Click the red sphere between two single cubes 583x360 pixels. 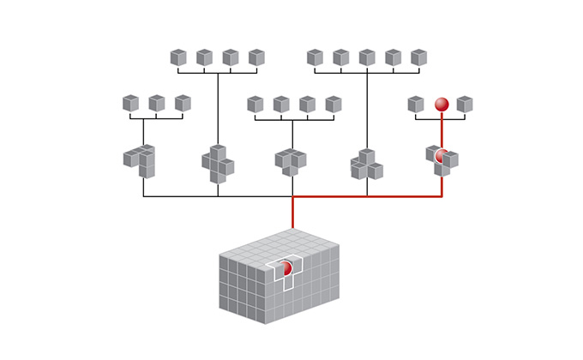(x=442, y=104)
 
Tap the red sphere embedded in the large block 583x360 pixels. (x=286, y=268)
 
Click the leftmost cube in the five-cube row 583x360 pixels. (x=315, y=57)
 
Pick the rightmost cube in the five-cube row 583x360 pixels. (x=418, y=57)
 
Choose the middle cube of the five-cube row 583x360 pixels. (x=367, y=57)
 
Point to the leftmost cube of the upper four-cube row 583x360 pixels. (x=178, y=57)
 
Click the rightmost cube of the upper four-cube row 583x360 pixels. (x=256, y=57)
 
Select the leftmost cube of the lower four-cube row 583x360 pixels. (x=255, y=104)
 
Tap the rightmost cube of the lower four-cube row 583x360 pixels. (x=334, y=104)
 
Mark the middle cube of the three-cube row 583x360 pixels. (x=157, y=104)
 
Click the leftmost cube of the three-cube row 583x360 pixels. (x=130, y=104)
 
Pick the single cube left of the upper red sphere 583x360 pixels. (x=416, y=104)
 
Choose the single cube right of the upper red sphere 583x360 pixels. (x=465, y=104)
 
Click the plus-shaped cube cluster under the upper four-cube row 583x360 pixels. (x=218, y=164)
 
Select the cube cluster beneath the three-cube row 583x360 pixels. (x=141, y=160)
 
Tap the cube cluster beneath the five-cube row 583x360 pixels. (x=366, y=165)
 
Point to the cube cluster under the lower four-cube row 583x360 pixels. (x=291, y=161)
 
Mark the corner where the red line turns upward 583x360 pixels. (x=442, y=196)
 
